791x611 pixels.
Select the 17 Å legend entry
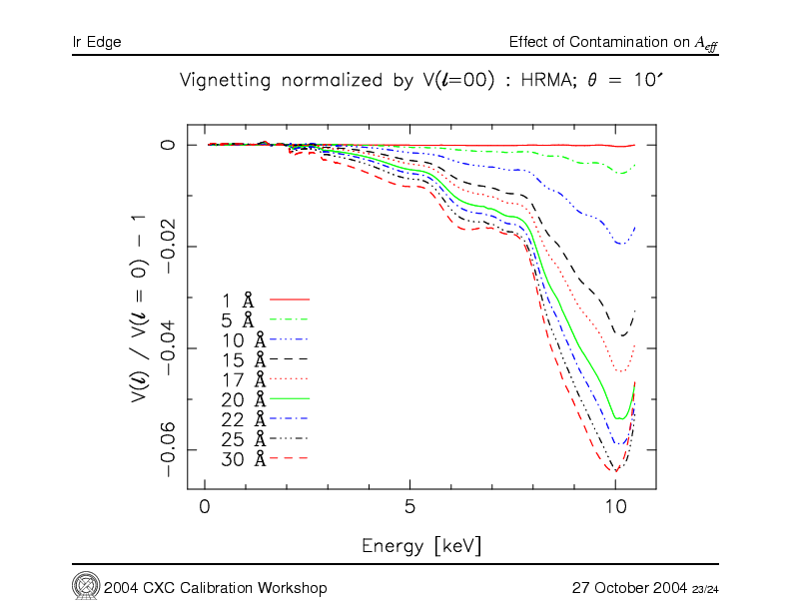[x=243, y=379]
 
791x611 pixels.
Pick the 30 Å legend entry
[x=243, y=458]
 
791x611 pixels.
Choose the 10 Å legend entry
[x=243, y=339]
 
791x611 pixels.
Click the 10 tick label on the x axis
[x=614, y=507]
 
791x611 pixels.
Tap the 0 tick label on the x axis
[x=205, y=507]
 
